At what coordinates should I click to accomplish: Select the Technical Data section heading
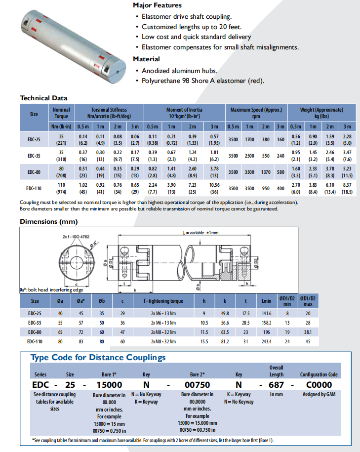tap(43, 98)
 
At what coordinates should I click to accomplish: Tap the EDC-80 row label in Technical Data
tap(34, 172)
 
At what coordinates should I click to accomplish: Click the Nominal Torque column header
tap(61, 113)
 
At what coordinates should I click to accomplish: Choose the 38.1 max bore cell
tap(308, 331)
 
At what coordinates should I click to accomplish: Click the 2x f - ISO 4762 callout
tap(75, 237)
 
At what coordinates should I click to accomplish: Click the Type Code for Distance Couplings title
tap(98, 358)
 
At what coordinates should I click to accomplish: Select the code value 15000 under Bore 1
tap(109, 385)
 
